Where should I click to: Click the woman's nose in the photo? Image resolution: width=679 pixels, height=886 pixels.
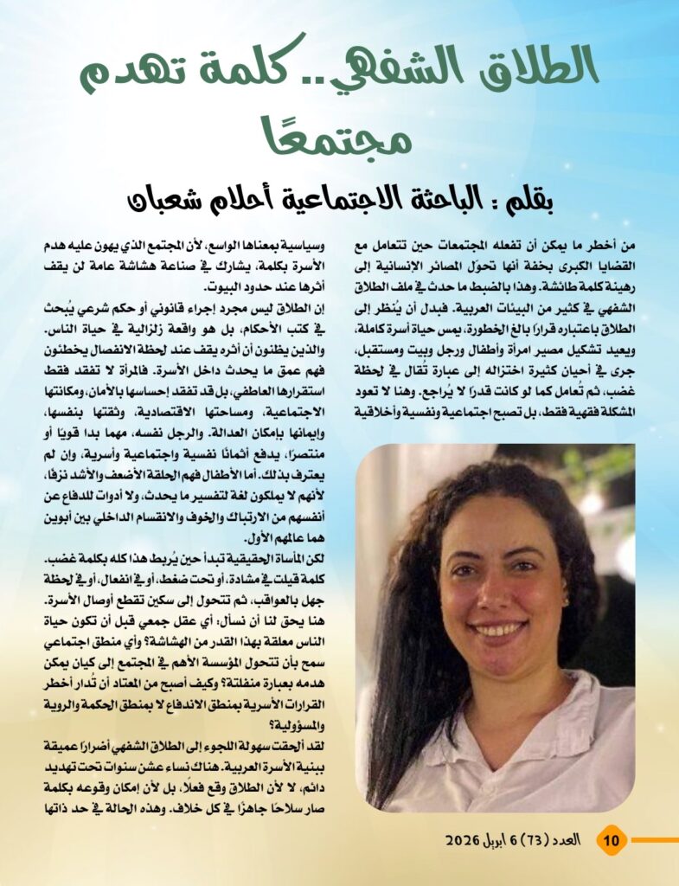tap(498, 595)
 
